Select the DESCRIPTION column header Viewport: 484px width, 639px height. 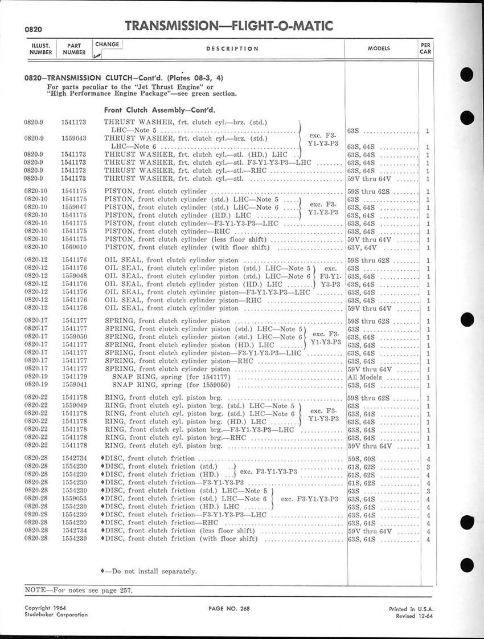pyautogui.click(x=232, y=49)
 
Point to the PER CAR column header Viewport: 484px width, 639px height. pyautogui.click(x=425, y=48)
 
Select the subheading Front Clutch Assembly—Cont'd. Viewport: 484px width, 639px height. pyautogui.click(x=159, y=109)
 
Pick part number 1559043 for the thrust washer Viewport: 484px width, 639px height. pyautogui.click(x=73, y=138)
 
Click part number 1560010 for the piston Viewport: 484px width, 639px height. pyautogui.click(x=73, y=247)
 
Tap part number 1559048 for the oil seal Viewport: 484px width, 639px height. pyautogui.click(x=73, y=276)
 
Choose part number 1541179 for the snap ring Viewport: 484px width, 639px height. pyautogui.click(x=73, y=377)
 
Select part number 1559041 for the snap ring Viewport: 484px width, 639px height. pyautogui.click(x=73, y=385)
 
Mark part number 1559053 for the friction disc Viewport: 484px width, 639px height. pyautogui.click(x=73, y=499)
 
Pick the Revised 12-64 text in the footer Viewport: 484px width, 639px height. pyautogui.click(x=411, y=616)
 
